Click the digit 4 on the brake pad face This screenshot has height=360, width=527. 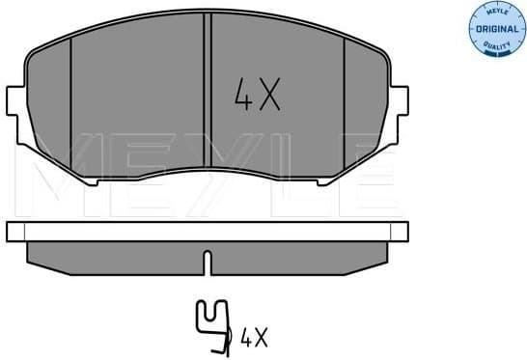(243, 95)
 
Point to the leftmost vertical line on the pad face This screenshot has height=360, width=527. (72, 106)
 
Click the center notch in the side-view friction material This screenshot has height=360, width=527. (208, 259)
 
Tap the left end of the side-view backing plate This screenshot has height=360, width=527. (14, 231)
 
